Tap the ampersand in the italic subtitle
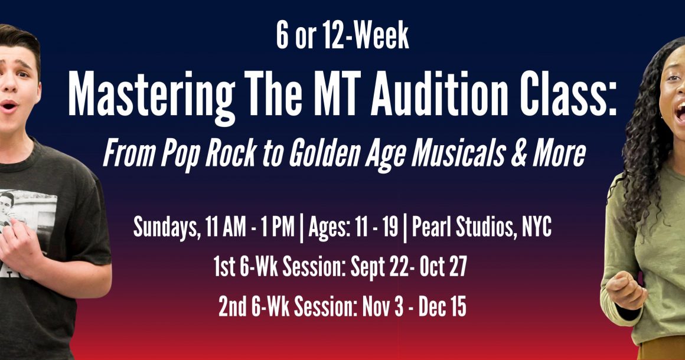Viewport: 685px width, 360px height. coord(518,154)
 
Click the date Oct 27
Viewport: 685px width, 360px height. coord(443,266)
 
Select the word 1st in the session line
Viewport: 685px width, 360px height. coord(224,266)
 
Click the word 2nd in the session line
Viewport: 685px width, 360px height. coord(233,306)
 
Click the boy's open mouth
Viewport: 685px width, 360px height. coord(9,106)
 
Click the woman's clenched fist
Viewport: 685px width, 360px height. coord(625,290)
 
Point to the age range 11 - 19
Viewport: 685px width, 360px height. coord(377,227)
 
